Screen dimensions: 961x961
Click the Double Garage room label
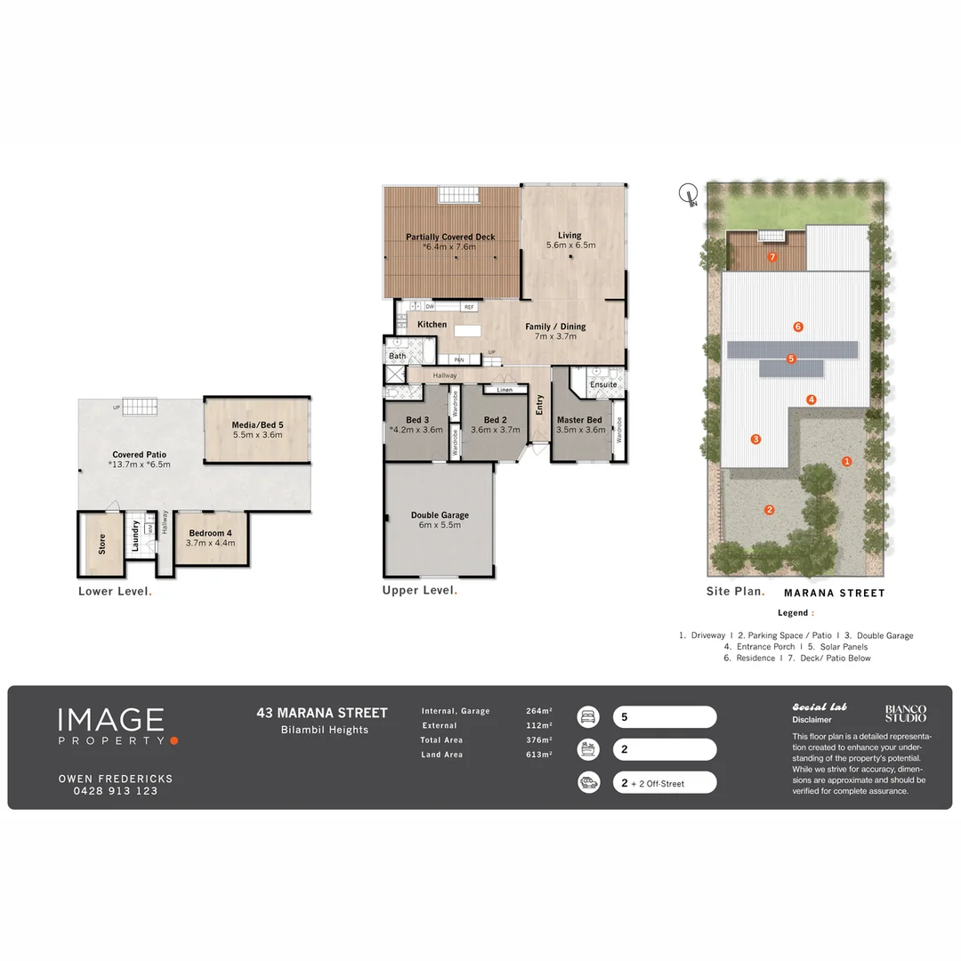440,514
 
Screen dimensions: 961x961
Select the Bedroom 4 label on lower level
210,533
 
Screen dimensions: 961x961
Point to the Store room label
101,544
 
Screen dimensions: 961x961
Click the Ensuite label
603,384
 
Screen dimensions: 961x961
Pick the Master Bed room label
579,420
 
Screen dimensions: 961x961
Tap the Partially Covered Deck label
450,237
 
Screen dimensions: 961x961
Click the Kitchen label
432,325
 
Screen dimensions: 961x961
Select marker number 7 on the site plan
772,257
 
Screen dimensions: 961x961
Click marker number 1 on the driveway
847,461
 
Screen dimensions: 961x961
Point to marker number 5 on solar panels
791,359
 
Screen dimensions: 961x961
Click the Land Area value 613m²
539,755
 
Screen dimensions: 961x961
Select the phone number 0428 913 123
116,791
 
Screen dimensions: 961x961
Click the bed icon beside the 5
588,716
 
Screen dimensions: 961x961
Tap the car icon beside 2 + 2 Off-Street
588,782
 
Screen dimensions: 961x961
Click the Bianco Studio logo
905,713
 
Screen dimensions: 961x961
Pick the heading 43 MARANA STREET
322,713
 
